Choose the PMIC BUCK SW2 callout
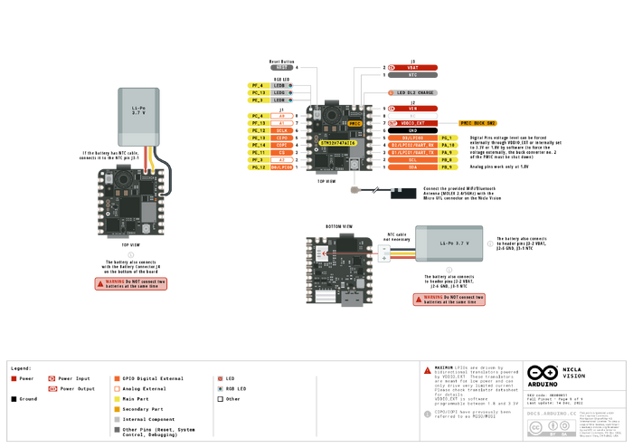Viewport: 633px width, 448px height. coord(477,122)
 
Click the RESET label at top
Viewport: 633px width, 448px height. coord(282,68)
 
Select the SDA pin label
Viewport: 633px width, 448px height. coord(413,167)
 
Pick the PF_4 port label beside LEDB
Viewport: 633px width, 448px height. coord(257,85)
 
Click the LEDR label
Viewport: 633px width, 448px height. coord(280,100)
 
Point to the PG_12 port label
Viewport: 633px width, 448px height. coord(257,167)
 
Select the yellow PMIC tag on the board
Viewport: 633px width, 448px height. coord(354,124)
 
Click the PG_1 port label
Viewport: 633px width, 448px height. coord(446,138)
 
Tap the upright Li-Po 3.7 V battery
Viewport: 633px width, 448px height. coord(138,116)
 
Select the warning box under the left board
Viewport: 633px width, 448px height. coord(130,283)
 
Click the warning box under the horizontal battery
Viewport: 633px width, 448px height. coord(449,299)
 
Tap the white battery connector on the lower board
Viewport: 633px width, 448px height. coord(383,254)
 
